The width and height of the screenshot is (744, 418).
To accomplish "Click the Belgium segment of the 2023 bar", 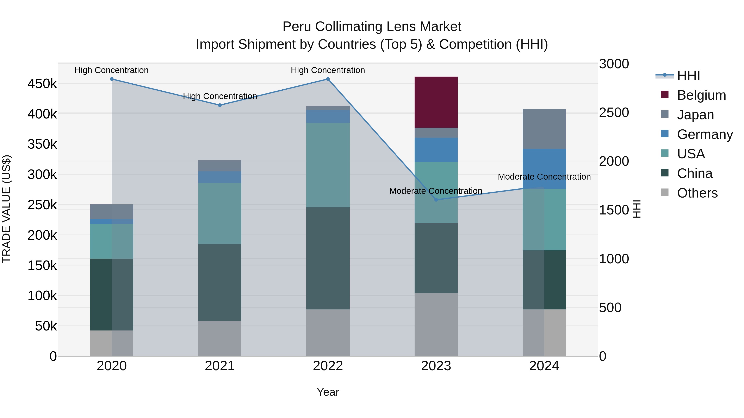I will pos(436,102).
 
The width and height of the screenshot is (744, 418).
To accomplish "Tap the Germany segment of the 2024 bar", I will pos(544,169).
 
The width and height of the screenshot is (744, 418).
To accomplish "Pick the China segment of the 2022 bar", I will pos(328,258).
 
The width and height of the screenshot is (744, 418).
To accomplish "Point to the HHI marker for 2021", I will pos(220,105).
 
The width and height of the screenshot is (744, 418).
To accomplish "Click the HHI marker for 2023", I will pos(436,200).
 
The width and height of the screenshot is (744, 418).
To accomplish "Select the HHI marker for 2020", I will pos(112,79).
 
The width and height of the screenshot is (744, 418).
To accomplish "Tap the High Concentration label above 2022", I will pos(328,70).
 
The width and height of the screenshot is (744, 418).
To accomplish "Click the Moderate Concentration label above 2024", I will pos(544,176).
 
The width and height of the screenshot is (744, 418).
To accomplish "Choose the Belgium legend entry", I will pos(701,95).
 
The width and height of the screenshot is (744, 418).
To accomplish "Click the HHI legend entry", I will pos(689,76).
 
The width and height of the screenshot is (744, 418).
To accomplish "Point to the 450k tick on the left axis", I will pos(42,84).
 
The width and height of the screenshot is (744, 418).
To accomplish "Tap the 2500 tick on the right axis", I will pos(614,112).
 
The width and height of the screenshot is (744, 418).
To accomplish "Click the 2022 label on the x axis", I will pos(328,366).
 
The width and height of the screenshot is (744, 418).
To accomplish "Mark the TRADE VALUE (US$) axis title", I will pos(6,209).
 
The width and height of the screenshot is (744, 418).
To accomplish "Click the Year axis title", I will pos(328,392).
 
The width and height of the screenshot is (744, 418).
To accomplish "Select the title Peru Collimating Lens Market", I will pos(372,27).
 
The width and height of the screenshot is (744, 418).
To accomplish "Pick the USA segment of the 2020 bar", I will pos(112,241).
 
